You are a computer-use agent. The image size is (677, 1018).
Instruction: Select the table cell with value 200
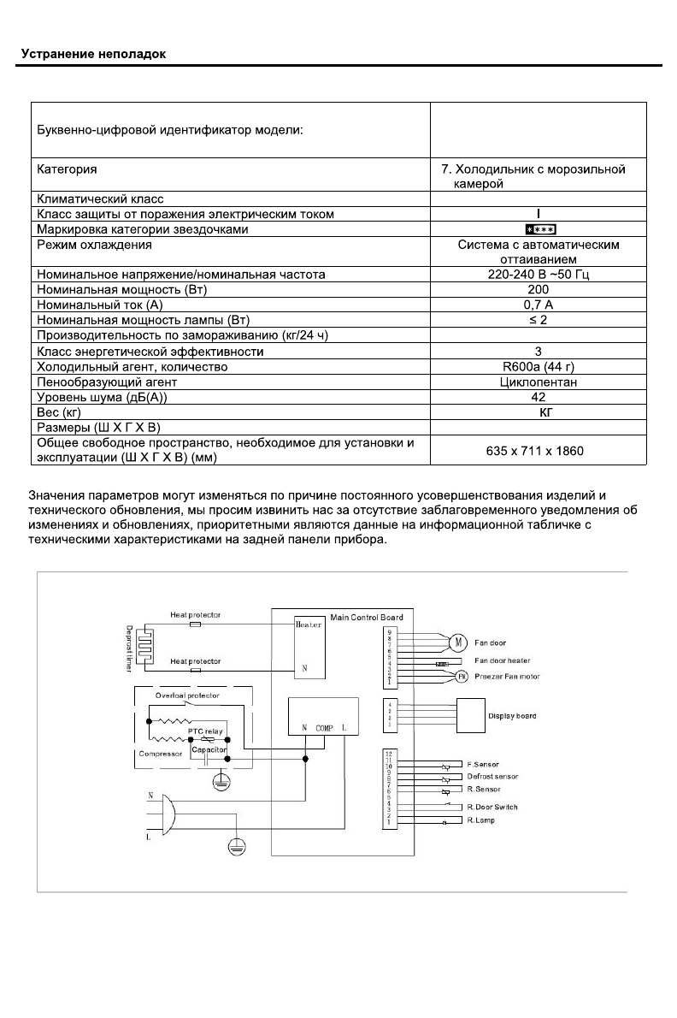(x=539, y=289)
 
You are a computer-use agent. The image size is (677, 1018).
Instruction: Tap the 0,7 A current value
(x=539, y=305)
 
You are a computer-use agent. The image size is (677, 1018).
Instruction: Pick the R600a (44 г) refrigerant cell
(x=539, y=366)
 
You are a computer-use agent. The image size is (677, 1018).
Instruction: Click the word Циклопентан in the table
(x=539, y=382)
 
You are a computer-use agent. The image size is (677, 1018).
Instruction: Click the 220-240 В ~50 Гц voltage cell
(x=539, y=274)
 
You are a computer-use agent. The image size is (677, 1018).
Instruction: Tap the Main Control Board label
(x=366, y=617)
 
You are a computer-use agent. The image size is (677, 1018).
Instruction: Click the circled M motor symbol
(x=456, y=642)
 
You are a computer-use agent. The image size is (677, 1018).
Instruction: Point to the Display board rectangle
(x=484, y=715)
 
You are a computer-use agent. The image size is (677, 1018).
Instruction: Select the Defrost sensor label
(x=492, y=776)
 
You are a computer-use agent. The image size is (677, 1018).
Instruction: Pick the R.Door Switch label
(x=492, y=807)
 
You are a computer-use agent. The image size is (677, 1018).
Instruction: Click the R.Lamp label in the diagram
(x=480, y=820)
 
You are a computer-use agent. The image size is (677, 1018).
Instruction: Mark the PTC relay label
(x=205, y=732)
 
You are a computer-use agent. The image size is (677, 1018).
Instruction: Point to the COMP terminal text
(x=324, y=727)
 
